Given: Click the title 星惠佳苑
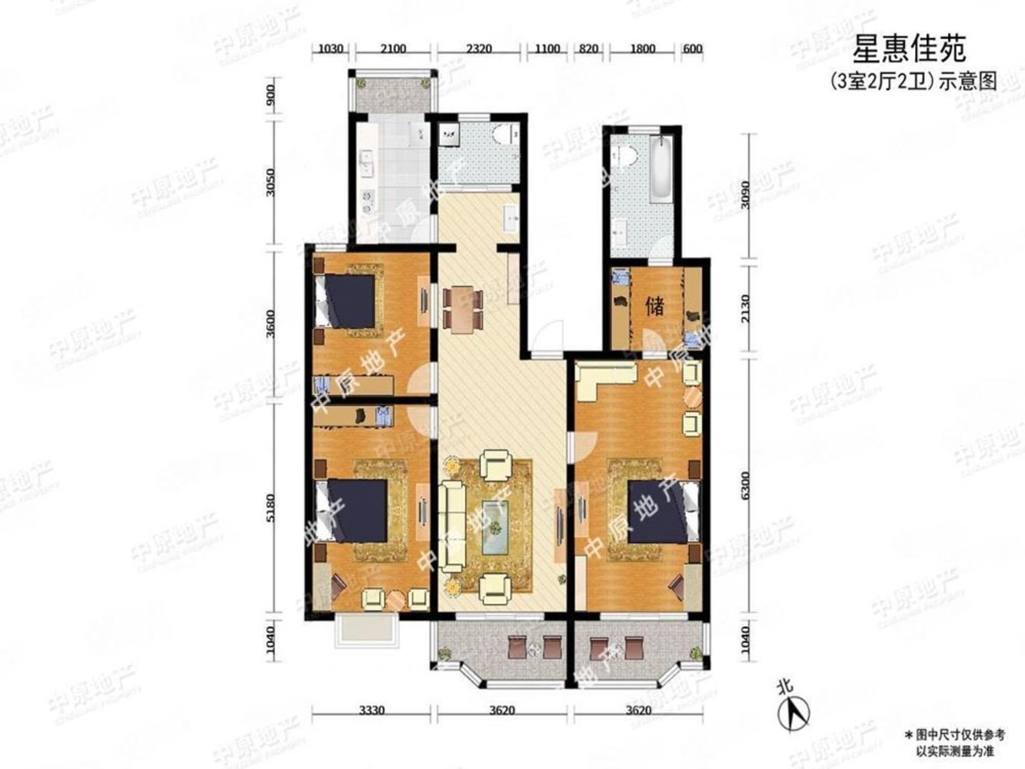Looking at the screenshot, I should (910, 50).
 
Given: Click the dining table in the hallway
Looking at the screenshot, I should (464, 308).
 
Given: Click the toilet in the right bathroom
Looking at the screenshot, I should (627, 155).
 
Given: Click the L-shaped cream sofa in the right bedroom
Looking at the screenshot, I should (605, 379).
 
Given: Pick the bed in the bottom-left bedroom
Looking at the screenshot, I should (353, 510).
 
